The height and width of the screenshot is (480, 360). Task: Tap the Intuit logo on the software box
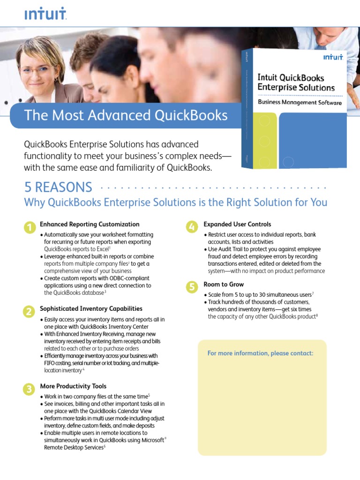coord(333,57)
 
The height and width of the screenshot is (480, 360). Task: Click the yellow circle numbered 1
coord(29,228)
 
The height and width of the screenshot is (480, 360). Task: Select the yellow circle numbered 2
coord(29,312)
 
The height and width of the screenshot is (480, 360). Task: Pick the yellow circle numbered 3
coord(29,389)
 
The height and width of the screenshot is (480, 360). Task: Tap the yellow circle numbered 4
coord(191,227)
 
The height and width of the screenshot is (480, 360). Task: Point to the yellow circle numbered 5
coord(191,287)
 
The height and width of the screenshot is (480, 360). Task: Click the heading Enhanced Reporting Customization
coord(90,224)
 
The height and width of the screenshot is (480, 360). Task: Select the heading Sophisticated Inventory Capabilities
coord(91,308)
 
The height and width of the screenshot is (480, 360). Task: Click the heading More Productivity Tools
coord(73,386)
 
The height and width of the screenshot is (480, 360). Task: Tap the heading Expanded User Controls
coord(237,224)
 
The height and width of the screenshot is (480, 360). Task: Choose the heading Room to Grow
coord(224,284)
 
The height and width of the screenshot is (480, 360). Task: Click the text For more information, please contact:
coord(260,353)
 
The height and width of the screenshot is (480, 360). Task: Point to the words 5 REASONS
coord(58,187)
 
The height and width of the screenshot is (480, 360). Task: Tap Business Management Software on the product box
coord(300,102)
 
